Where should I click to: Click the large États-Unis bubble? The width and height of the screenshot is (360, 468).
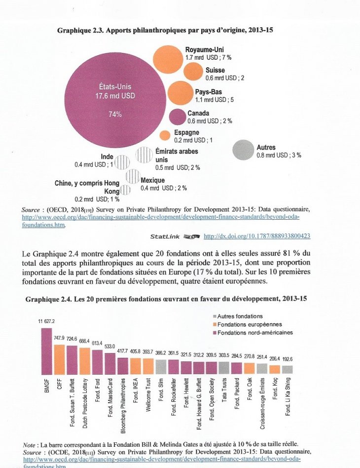[x=114, y=103]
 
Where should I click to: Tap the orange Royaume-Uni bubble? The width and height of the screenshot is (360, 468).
[x=170, y=58]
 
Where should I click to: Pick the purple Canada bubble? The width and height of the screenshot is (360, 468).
[x=177, y=117]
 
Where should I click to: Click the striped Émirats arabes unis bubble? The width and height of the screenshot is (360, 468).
[x=144, y=156]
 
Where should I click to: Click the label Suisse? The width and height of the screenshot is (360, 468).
[x=216, y=71]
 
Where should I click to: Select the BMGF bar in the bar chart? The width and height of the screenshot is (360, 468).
[x=47, y=351]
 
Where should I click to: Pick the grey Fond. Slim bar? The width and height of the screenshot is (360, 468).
[x=161, y=366]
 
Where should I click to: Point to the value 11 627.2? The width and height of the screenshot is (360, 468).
[x=47, y=322]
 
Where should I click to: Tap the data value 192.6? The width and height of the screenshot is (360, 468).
[x=287, y=359]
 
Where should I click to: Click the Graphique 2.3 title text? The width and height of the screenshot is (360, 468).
[x=165, y=31]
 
